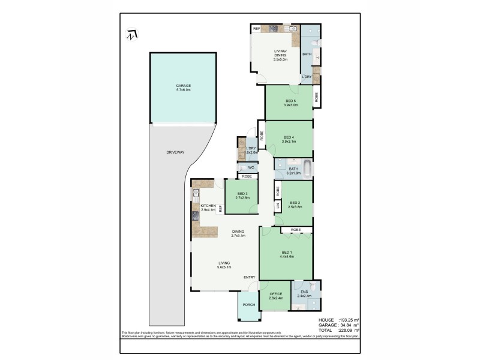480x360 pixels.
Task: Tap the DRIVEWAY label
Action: pos(175,152)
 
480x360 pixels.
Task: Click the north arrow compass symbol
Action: pos(131,35)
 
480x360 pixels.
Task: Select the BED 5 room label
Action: pos(289,100)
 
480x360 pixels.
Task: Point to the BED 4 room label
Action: pos(289,136)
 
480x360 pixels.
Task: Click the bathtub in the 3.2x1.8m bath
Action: pos(307,169)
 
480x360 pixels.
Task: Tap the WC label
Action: pos(244,167)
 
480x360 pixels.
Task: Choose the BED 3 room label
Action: pos(242,193)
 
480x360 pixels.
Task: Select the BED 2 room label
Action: pos(295,202)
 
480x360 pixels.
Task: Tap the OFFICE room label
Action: pos(275,293)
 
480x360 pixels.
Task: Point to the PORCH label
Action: pos(248,305)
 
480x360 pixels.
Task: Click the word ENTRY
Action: pos(250,277)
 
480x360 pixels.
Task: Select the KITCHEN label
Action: pos(208,206)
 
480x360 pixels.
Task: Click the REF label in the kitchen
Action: pos(221,209)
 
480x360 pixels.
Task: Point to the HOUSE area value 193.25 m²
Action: pos(348,320)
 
